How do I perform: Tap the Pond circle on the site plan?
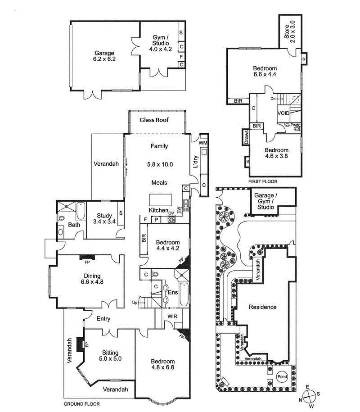[x=282, y=377]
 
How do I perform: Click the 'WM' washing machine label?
[x=202, y=143]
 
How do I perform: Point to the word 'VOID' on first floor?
[x=283, y=113]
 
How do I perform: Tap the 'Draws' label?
[x=246, y=138]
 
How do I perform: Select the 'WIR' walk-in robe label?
[x=172, y=317]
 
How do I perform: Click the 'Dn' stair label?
[x=273, y=98]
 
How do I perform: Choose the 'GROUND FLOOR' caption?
[x=81, y=404]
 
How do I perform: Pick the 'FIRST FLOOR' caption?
[x=263, y=181]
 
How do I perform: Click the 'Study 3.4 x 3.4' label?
[x=104, y=218]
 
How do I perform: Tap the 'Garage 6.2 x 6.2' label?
[x=104, y=56]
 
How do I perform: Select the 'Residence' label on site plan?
[x=263, y=307]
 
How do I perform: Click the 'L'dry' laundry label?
[x=195, y=163]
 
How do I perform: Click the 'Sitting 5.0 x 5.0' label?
[x=110, y=355]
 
